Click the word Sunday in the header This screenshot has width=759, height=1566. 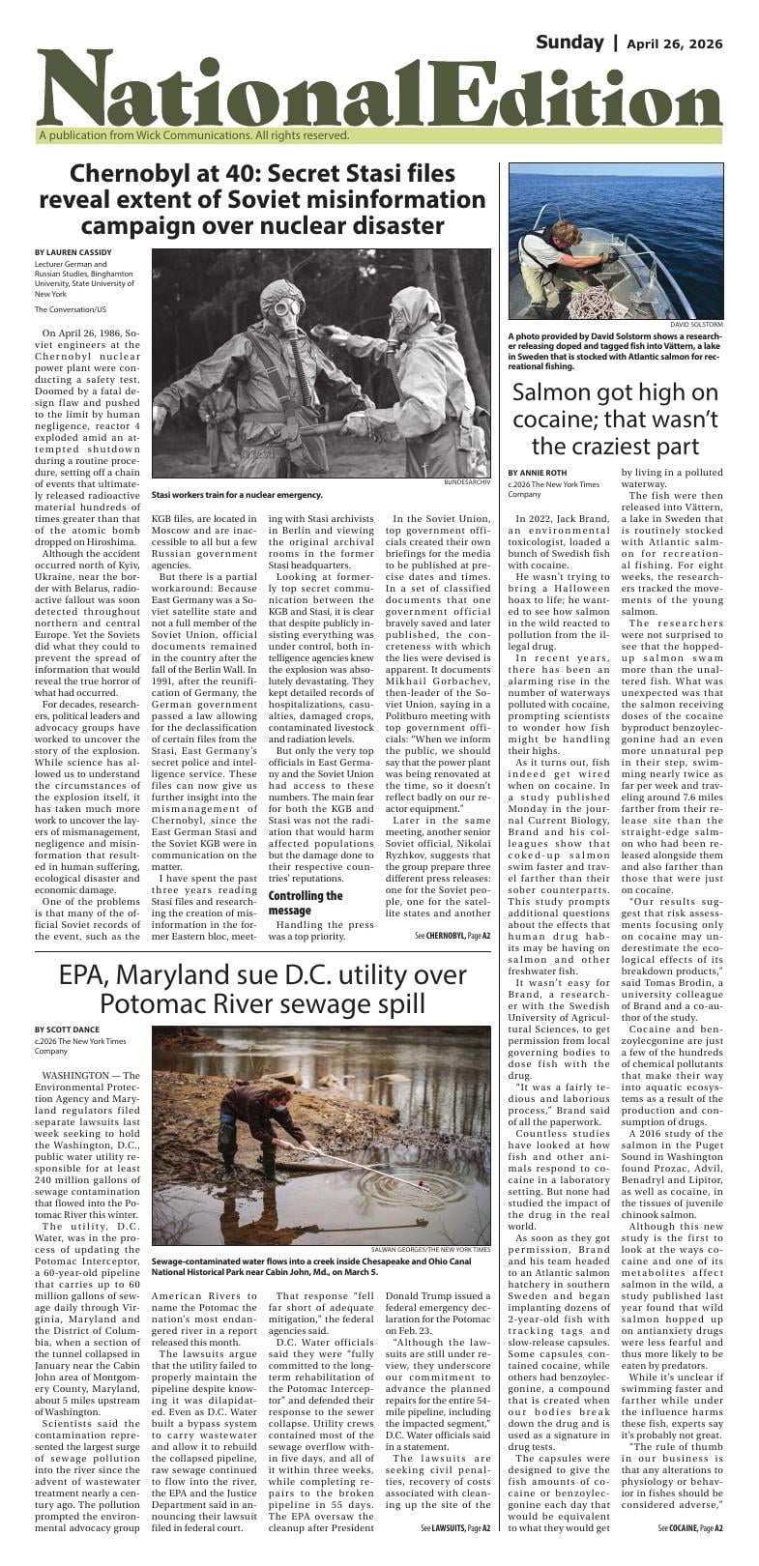coord(569,42)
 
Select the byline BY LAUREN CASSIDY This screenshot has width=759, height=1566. coord(73,253)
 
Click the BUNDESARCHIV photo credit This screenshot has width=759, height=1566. coord(467,481)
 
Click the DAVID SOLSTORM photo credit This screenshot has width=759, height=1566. coord(695,324)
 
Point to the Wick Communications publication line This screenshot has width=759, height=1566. coord(193,136)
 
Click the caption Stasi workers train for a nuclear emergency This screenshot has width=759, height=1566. coord(237,495)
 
